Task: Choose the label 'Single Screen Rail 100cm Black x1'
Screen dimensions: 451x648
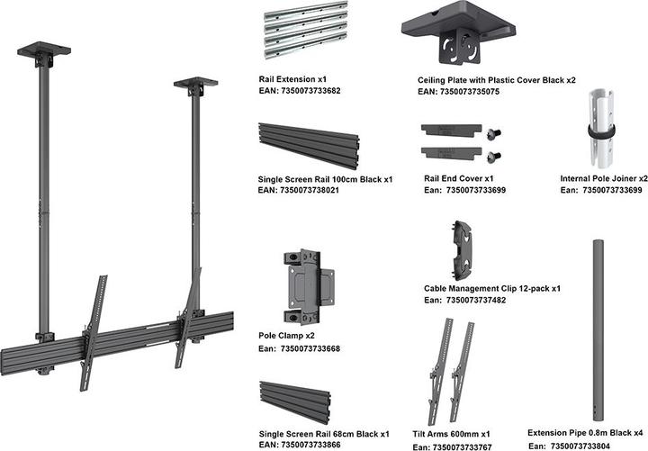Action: click(x=326, y=180)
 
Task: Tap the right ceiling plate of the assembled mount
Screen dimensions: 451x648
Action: click(x=194, y=84)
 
